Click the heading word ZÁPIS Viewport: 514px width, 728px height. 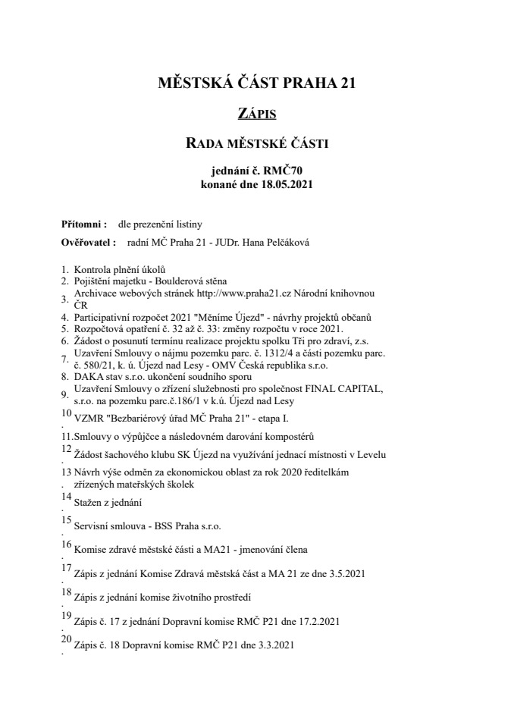click(x=256, y=115)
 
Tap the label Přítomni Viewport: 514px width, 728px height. click(x=83, y=224)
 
